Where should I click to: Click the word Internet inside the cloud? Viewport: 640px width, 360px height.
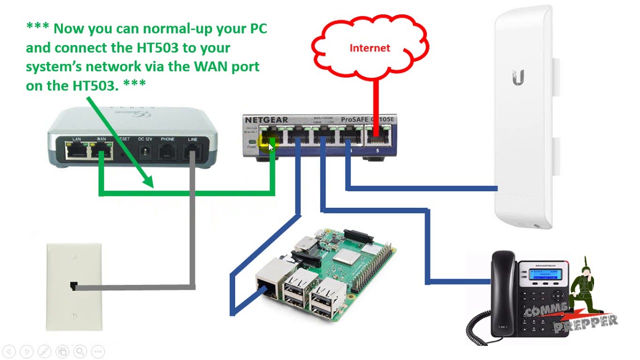pyautogui.click(x=369, y=48)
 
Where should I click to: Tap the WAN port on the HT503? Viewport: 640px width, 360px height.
pyautogui.click(x=101, y=149)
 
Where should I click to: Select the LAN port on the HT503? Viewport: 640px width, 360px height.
pyautogui.click(x=76, y=149)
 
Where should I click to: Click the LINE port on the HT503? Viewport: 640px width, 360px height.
pyautogui.click(x=192, y=150)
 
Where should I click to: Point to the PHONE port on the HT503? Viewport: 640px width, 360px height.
pyautogui.click(x=167, y=150)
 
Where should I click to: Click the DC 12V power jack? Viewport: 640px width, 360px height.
pyautogui.click(x=145, y=150)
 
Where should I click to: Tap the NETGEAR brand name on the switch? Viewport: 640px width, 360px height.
pyautogui.click(x=266, y=120)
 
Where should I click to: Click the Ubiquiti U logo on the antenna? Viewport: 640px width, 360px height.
pyautogui.click(x=518, y=78)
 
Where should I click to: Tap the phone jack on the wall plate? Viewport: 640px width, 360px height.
pyautogui.click(x=73, y=286)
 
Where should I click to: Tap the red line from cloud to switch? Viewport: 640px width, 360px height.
pyautogui.click(x=375, y=100)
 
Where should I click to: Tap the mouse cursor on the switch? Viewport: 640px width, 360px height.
pyautogui.click(x=271, y=146)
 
